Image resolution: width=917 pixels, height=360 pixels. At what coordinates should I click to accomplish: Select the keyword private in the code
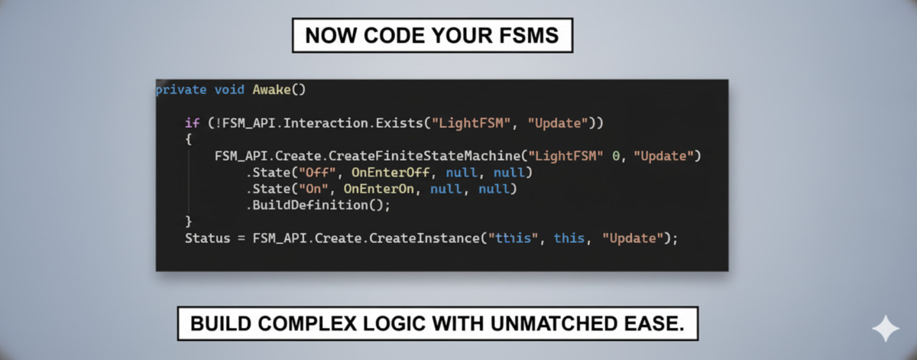point(180,89)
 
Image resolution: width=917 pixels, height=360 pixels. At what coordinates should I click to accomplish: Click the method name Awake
point(271,89)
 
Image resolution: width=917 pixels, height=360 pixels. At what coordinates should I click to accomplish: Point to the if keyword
point(191,123)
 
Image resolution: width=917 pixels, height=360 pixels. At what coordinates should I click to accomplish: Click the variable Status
point(206,238)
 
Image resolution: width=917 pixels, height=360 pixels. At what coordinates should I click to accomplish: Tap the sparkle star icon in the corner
point(886,329)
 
